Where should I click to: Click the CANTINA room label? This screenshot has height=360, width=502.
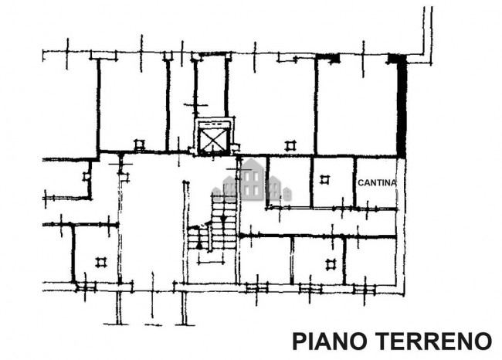(x=376, y=182)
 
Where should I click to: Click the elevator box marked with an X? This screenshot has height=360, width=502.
(x=214, y=138)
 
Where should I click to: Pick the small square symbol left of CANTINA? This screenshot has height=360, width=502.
(x=325, y=179)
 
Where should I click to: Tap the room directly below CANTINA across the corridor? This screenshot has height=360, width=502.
(x=370, y=260)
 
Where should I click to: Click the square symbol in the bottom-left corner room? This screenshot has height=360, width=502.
(x=100, y=262)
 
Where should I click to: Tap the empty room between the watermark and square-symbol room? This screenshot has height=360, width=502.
(x=289, y=182)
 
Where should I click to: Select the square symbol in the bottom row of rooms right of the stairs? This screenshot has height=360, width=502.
(x=331, y=264)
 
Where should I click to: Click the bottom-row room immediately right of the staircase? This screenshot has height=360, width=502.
(x=264, y=260)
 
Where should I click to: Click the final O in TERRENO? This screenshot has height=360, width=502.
(x=483, y=341)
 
